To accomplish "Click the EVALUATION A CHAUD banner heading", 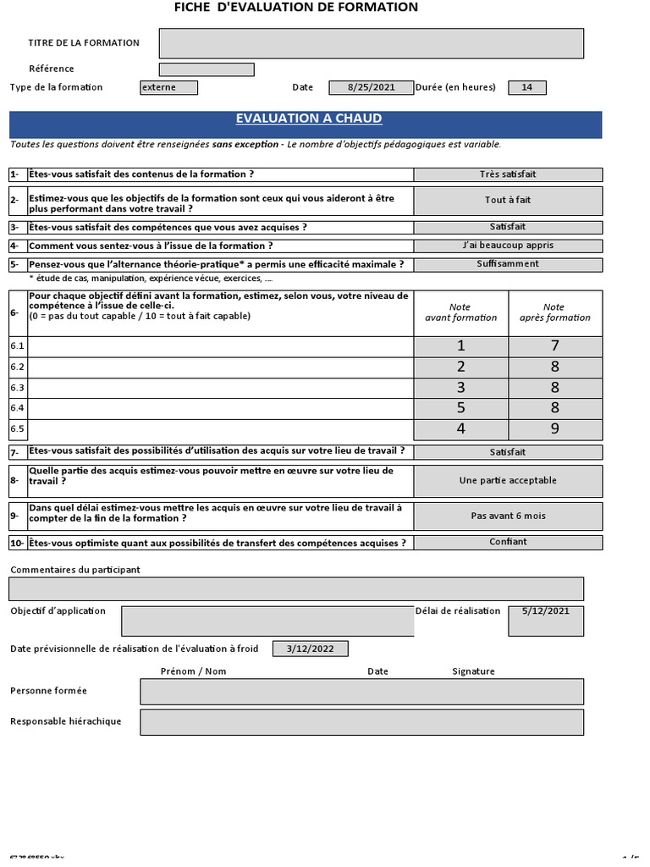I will coord(308,119).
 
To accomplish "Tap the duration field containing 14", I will coord(526,87).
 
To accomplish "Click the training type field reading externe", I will coord(168,87).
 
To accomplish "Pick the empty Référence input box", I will coord(207,69).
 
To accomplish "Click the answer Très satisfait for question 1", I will coord(508,174).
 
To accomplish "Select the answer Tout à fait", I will coord(508,201).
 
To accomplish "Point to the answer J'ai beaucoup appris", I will coord(508,246).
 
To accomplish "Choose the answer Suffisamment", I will coord(508,264).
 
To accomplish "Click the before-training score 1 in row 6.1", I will coord(460,346).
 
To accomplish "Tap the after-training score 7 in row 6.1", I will coord(555,346).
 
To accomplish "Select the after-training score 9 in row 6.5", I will coord(555,429).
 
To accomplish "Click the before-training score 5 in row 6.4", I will coord(460,408).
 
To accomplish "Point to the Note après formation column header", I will coord(555,312).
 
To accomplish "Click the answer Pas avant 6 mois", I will coord(508,516).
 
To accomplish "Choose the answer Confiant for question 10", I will coord(508,542).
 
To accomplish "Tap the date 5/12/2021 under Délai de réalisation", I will coord(546,611).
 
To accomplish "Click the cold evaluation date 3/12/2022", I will coord(310,649).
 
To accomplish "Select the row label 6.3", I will coord(18,388).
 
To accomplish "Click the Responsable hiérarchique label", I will coord(66,721).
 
